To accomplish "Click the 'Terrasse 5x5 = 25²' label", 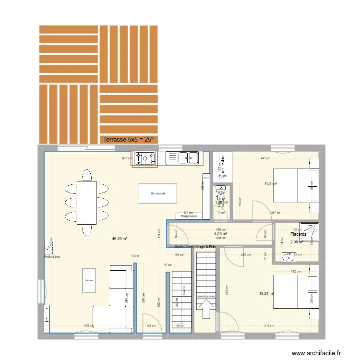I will pyautogui.click(x=128, y=140).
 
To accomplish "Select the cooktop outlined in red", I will pyautogui.click(x=144, y=158).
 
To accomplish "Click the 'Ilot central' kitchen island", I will pyautogui.click(x=158, y=193).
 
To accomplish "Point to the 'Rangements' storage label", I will pyautogui.click(x=189, y=216).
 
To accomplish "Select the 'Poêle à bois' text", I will pyautogui.click(x=51, y=257).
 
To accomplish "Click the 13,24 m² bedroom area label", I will pyautogui.click(x=266, y=294).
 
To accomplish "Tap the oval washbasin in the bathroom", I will pyautogui.click(x=289, y=258).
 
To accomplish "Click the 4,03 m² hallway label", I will pyautogui.click(x=221, y=234).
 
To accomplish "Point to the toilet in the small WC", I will pyautogui.click(x=221, y=195).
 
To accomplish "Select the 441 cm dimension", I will pyautogui.click(x=265, y=158).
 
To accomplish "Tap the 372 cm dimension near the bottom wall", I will pyautogui.click(x=89, y=326).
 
